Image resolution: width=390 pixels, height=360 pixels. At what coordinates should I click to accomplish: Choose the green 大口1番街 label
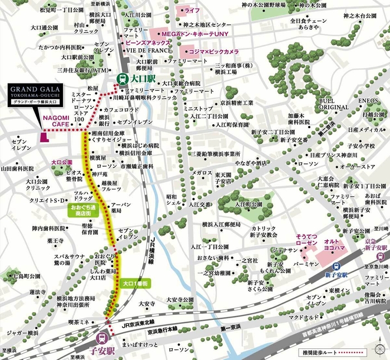point(135,284)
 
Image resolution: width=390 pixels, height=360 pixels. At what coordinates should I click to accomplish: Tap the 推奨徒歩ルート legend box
point(350,352)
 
